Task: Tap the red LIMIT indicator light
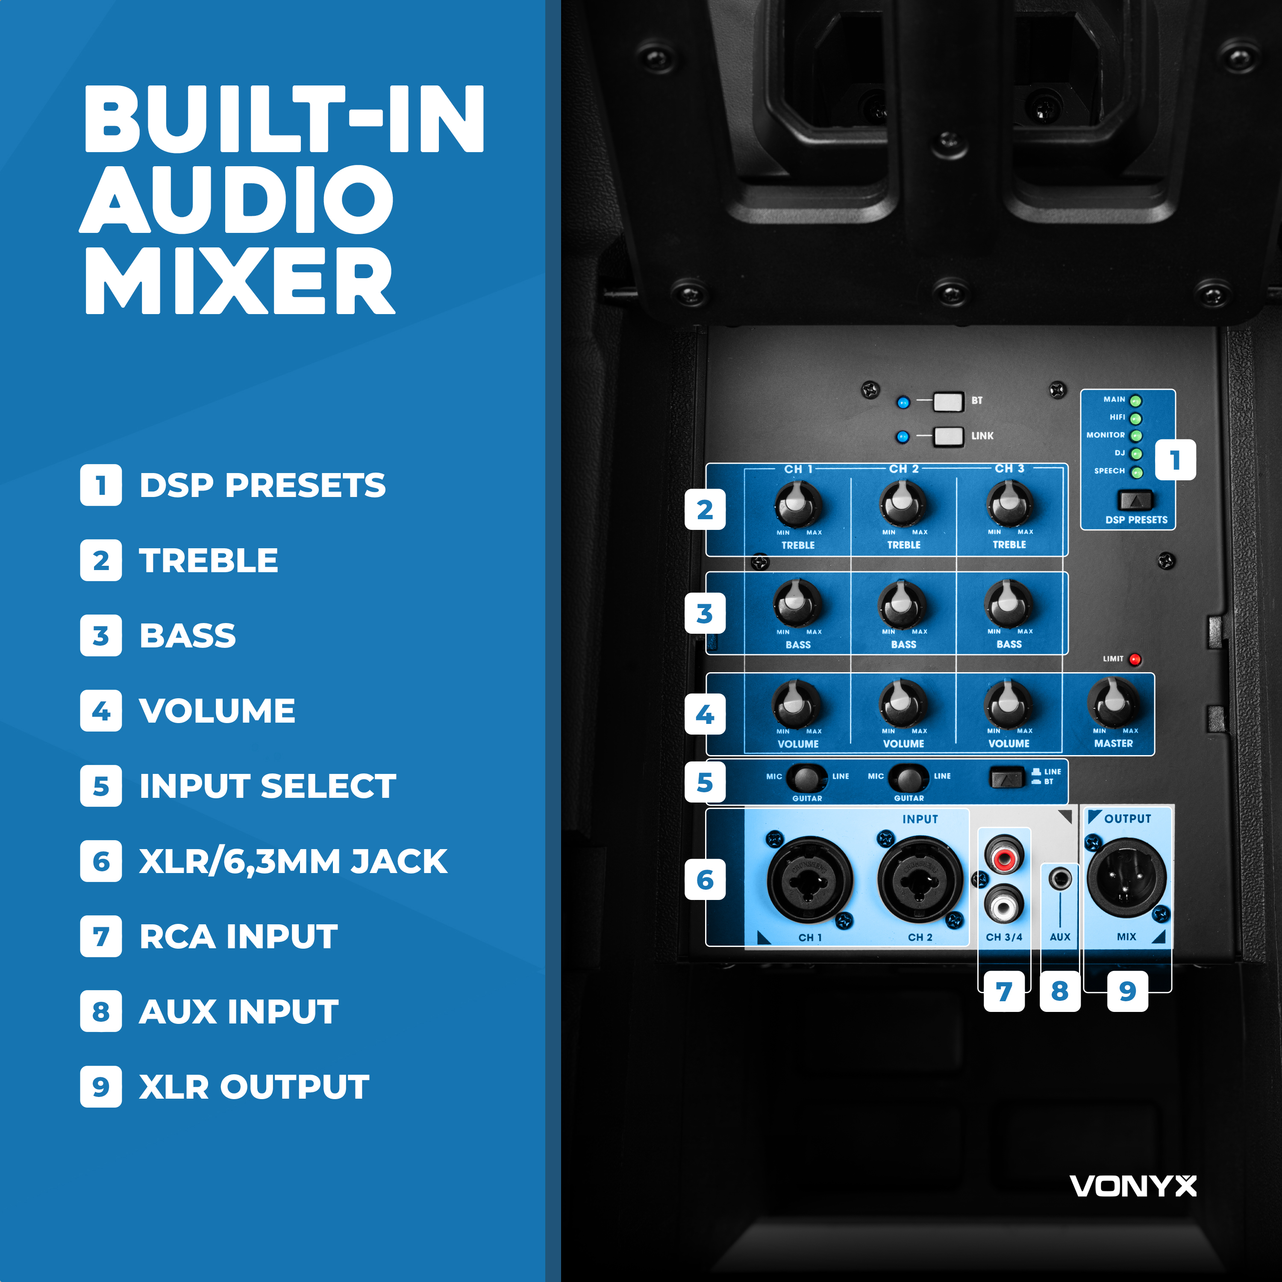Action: pos(1135,659)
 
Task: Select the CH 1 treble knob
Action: pos(797,504)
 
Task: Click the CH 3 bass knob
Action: pos(1009,604)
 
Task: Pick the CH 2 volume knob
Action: pos(903,703)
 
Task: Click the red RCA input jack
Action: pos(1004,856)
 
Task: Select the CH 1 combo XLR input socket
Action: pos(809,880)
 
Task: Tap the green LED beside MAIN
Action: pos(1136,401)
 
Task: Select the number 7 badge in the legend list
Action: pos(101,936)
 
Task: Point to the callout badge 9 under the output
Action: pos(1127,991)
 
